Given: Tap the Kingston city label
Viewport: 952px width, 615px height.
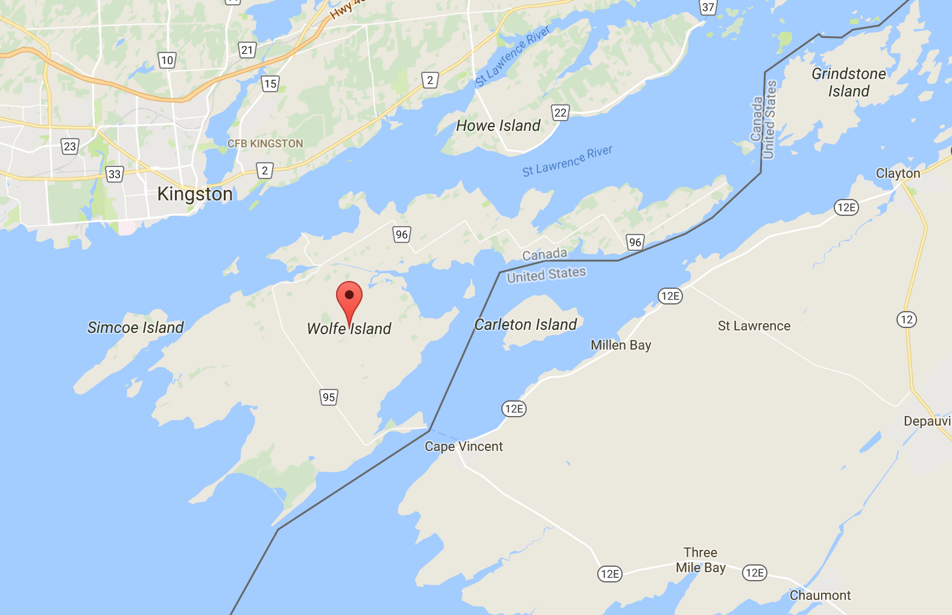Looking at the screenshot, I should (194, 194).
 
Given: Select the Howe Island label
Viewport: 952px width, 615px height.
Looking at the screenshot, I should (498, 125).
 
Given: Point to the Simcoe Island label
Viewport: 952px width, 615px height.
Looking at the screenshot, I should (135, 327).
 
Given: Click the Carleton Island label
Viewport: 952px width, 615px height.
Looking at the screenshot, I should (525, 324).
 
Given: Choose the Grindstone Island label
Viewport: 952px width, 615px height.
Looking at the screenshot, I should (848, 83).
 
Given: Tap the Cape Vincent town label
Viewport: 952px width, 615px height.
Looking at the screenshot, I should (463, 446).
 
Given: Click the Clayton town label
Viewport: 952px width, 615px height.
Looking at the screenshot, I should (898, 174).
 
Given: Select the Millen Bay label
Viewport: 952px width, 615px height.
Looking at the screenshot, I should (620, 345).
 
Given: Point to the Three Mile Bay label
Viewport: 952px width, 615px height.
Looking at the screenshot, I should (700, 560).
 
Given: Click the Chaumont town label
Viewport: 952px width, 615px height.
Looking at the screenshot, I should (820, 596).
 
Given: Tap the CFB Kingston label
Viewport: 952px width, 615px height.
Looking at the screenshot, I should (265, 143).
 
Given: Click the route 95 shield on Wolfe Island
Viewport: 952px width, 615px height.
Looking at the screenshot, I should (328, 397).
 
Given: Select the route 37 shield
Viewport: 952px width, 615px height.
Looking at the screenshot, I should (708, 7).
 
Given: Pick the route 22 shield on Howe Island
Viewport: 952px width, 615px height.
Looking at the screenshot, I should (560, 112).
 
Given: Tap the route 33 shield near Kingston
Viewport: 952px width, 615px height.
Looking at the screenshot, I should (114, 175).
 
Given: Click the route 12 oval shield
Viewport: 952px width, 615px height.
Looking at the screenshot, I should (906, 320).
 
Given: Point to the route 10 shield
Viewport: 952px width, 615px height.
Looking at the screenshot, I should (167, 60).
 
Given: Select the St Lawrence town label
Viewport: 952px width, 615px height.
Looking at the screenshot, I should (754, 326).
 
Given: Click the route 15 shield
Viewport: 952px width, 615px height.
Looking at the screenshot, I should (270, 84).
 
